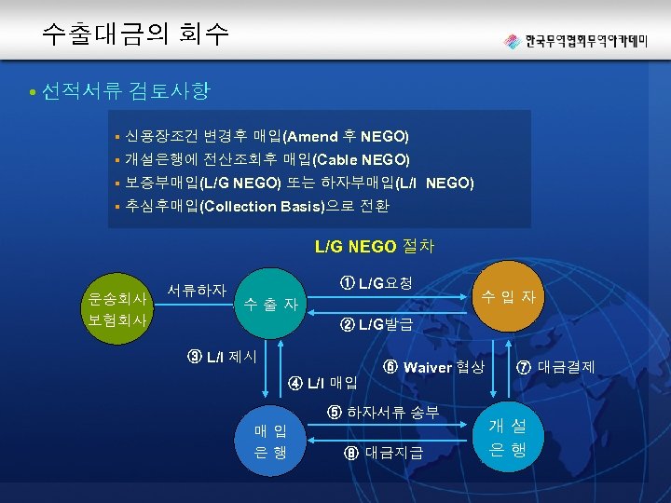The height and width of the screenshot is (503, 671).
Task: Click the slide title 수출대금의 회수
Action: pyautogui.click(x=135, y=34)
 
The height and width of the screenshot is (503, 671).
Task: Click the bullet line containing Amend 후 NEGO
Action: pyautogui.click(x=267, y=136)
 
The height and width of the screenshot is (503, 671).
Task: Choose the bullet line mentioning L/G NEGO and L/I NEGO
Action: pyautogui.click(x=299, y=183)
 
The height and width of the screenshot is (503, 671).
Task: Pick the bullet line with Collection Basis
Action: pyautogui.click(x=257, y=206)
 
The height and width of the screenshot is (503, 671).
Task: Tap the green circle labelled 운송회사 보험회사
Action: pyautogui.click(x=116, y=307)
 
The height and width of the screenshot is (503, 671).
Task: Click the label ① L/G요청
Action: pyautogui.click(x=377, y=282)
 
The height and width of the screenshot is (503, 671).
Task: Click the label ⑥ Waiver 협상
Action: pyautogui.click(x=432, y=367)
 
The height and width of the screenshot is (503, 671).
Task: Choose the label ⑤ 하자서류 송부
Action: pyautogui.click(x=383, y=412)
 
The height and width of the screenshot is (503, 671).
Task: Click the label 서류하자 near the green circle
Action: pyautogui.click(x=197, y=290)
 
